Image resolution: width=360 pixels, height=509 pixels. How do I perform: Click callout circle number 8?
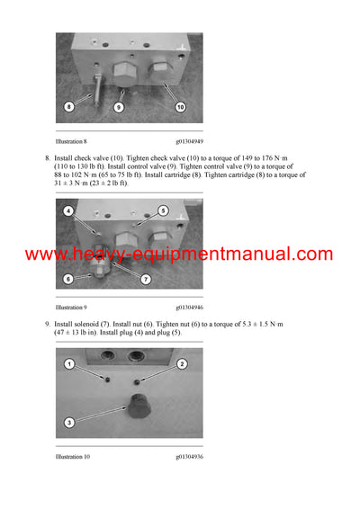68,106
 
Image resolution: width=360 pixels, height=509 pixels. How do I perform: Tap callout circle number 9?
117,107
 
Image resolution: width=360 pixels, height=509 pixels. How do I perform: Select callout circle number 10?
180,107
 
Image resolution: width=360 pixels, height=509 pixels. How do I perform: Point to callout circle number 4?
67,211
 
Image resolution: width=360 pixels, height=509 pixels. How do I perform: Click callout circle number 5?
163,210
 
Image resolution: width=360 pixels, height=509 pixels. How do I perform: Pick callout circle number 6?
68,279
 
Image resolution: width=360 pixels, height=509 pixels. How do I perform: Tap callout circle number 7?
144,280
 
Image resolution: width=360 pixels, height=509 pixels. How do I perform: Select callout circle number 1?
68,364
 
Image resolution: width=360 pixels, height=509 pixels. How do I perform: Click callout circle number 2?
181,364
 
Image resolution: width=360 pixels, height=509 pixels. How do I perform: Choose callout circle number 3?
68,422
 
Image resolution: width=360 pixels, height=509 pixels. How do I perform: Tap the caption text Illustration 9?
71,307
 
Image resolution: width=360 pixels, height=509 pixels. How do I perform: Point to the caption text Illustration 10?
73,456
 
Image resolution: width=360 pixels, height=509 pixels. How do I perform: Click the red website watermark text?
179,254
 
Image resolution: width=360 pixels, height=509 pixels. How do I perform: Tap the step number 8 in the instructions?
47,156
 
